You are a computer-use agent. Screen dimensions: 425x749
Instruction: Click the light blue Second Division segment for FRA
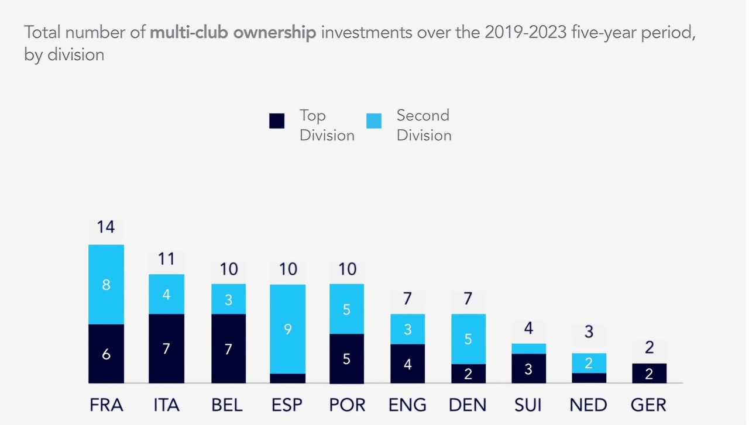coord(106,284)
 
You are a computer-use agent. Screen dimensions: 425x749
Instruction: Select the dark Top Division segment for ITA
coord(166,348)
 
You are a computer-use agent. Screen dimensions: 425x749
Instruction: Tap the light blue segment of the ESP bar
coord(287,329)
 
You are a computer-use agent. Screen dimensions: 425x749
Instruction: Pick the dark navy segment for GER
coord(649,373)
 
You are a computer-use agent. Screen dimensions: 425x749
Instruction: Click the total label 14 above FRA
coord(106,227)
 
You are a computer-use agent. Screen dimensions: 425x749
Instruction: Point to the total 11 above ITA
coord(167,258)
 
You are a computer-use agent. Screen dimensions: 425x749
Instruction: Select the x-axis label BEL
coord(227,405)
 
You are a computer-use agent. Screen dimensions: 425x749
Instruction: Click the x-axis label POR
coord(348,405)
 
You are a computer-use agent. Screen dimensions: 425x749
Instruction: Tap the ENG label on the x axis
coord(408,405)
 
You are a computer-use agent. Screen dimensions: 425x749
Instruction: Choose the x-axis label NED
coord(589,405)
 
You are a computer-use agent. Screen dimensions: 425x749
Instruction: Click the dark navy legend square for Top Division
coord(277,121)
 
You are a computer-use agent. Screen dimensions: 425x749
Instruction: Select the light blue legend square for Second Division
coord(374,120)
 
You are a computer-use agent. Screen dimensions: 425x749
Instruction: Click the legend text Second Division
coord(424,125)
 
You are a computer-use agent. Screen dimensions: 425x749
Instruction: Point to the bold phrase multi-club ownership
coord(233,32)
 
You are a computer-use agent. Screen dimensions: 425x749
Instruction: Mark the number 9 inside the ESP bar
coord(287,330)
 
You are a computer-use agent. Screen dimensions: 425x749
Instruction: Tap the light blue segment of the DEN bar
coord(468,338)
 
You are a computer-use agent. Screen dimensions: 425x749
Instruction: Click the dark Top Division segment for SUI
coord(528,368)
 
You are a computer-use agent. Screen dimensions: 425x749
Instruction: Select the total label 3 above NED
coord(589,332)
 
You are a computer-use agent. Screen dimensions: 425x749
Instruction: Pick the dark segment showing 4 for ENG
coord(408,363)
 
